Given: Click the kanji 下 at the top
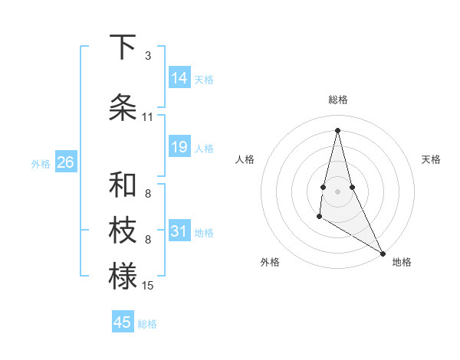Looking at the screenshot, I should coord(123,47).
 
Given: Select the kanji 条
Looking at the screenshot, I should coord(123,107).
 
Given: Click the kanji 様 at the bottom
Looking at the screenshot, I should coord(123,276).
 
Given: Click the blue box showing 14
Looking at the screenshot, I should coord(179,78).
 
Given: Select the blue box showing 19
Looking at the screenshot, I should coord(179,147).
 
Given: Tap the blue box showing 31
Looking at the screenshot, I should coord(179,231).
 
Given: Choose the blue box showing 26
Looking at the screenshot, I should coord(65,162).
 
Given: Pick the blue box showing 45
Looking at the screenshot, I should coord(123,322).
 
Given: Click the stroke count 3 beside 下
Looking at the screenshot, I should coord(148,56).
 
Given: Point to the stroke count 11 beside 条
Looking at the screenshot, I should coord(148,117).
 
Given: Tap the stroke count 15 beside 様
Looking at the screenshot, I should coord(148,286).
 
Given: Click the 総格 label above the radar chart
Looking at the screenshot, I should coord(338,100).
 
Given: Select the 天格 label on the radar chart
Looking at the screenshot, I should coord(431,159).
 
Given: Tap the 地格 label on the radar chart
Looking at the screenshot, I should coord(402,262).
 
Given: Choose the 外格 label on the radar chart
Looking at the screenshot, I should coord(270,262).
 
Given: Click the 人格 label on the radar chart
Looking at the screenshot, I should coord(245,159).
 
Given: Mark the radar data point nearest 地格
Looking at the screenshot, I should coord(383,253).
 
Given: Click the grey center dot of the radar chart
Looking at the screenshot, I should coord(338,191).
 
